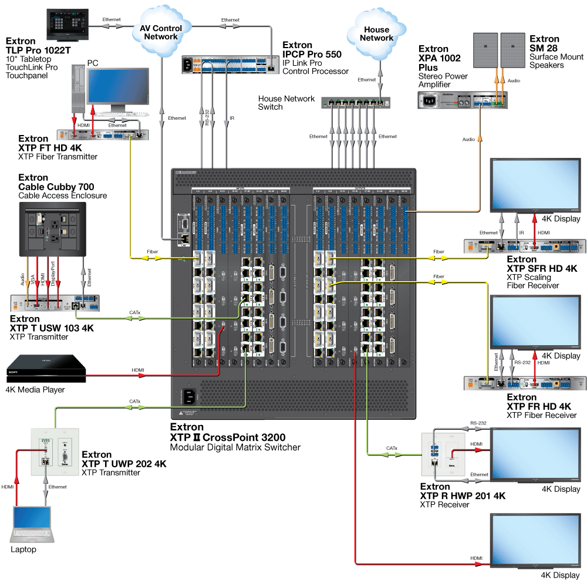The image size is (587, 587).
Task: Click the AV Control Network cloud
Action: pyautogui.click(x=160, y=32)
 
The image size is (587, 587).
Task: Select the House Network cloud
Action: pyautogui.click(x=376, y=34)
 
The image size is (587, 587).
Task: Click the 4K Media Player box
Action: pyautogui.click(x=46, y=367)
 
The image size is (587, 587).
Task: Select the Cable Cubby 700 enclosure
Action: pyautogui.click(x=53, y=229)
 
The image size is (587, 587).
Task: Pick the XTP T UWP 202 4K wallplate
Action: pyautogui.click(x=54, y=451)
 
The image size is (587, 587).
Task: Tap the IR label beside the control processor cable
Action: pyautogui.click(x=232, y=118)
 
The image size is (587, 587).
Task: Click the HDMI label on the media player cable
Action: pyautogui.click(x=139, y=369)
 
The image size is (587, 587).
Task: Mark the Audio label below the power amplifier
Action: pyautogui.click(x=467, y=140)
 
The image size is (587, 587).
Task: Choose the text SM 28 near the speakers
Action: pyautogui.click(x=544, y=48)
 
